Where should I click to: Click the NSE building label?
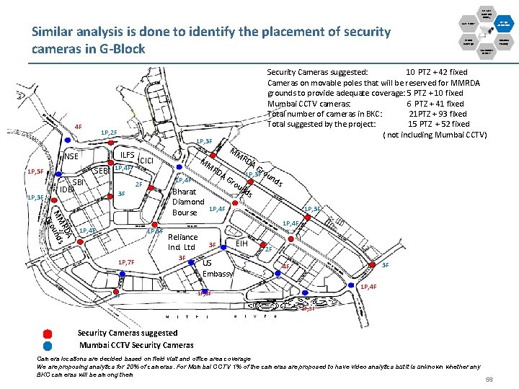[x=71, y=157]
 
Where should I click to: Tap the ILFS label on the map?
[x=128, y=155]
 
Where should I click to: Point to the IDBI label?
[x=66, y=189]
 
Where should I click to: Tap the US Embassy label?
[x=216, y=268]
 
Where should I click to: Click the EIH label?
[x=243, y=244]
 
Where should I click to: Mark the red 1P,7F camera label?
[x=125, y=261]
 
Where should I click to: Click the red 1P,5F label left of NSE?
[x=35, y=172]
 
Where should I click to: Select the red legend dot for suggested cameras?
[x=48, y=334]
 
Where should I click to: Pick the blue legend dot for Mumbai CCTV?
[x=48, y=344]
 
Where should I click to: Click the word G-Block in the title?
[x=117, y=49]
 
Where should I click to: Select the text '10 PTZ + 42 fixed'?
[x=436, y=72]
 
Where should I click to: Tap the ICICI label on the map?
[x=148, y=161]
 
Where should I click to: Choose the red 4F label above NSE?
[x=78, y=128]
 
